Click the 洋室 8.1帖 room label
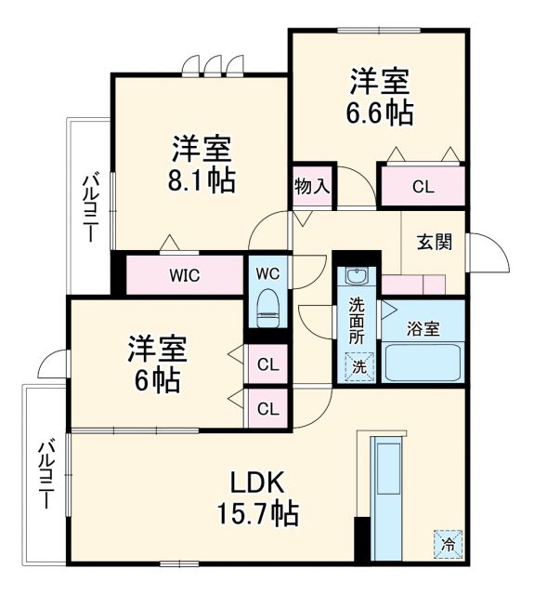(x=202, y=164)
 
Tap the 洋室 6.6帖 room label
(x=381, y=96)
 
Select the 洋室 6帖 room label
(x=157, y=364)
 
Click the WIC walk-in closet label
(x=184, y=275)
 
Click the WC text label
(x=267, y=274)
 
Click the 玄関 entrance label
(x=434, y=242)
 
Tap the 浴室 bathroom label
(x=424, y=328)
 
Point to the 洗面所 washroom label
(x=358, y=320)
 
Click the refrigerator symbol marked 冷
(x=448, y=543)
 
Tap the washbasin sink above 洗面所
(x=358, y=276)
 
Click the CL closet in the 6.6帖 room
(x=423, y=186)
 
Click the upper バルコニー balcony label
(x=90, y=206)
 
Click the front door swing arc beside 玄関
(x=489, y=251)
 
